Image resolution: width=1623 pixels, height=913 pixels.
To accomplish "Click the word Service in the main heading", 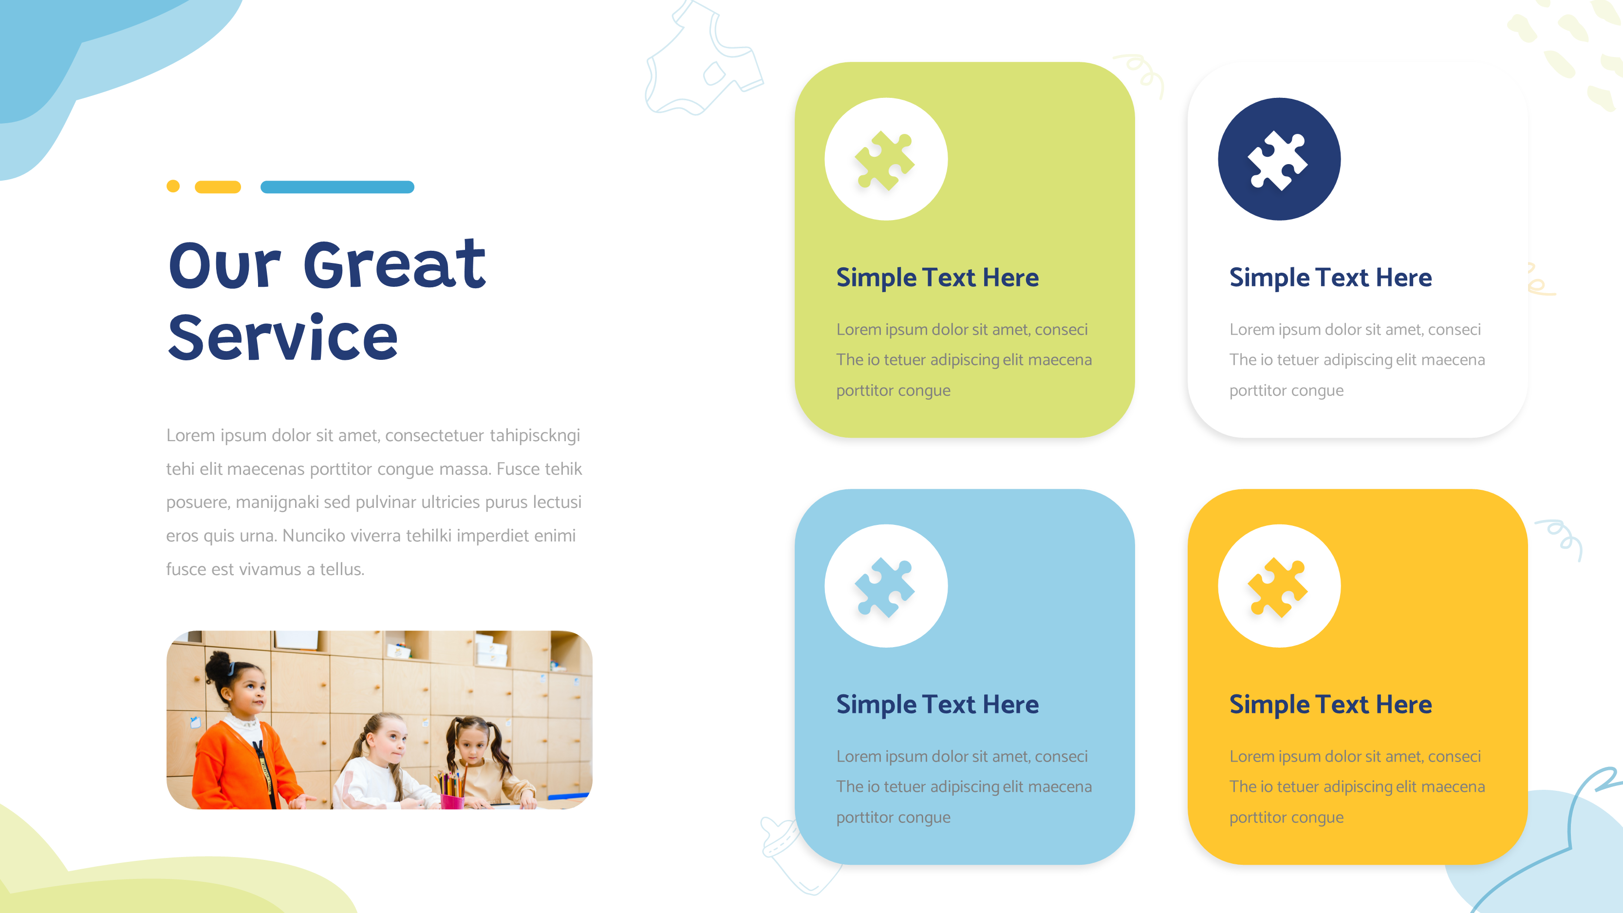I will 283,338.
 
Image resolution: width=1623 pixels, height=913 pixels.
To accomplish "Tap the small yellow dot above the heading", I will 173,186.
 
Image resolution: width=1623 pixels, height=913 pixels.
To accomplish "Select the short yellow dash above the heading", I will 218,186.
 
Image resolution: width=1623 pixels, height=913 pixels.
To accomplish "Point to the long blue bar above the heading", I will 337,186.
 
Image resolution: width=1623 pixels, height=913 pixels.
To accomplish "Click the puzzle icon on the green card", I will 885,159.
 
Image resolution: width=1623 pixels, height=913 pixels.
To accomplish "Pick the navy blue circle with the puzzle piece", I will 1279,159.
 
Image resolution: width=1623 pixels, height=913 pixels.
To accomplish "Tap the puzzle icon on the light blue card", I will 885,586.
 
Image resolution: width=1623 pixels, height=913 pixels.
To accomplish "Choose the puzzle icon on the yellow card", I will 1278,586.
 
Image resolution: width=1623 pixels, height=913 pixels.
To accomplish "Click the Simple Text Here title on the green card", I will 937,278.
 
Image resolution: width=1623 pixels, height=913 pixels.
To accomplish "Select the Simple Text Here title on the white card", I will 1330,278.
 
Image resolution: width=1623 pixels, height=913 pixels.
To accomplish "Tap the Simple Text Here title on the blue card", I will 937,705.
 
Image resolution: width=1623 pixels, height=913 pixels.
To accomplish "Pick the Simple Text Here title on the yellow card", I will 1330,705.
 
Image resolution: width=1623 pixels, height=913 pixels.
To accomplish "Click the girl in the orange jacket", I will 243,744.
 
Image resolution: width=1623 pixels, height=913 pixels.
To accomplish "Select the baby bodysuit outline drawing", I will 703,63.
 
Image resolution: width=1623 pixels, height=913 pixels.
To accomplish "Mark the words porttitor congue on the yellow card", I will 1286,817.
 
